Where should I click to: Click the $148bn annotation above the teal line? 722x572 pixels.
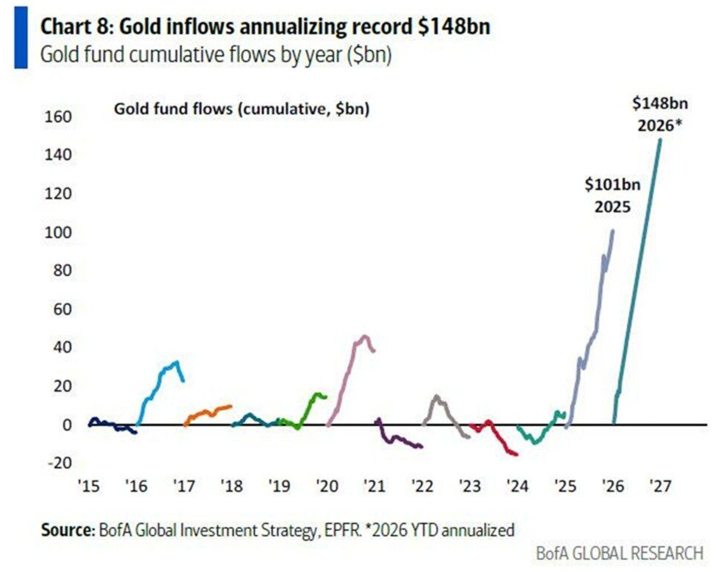(659, 104)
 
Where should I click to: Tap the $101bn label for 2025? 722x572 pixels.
(612, 185)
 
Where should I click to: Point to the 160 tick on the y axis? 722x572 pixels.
(58, 117)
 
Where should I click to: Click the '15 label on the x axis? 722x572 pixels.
(88, 486)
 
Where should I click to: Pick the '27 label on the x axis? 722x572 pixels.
(660, 486)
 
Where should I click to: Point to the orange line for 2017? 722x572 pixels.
(208, 412)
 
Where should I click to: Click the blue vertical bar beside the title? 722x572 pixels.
(21, 37)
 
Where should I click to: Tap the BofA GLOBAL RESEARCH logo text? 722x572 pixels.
(620, 553)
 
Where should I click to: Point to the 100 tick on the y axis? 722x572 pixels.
(58, 233)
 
